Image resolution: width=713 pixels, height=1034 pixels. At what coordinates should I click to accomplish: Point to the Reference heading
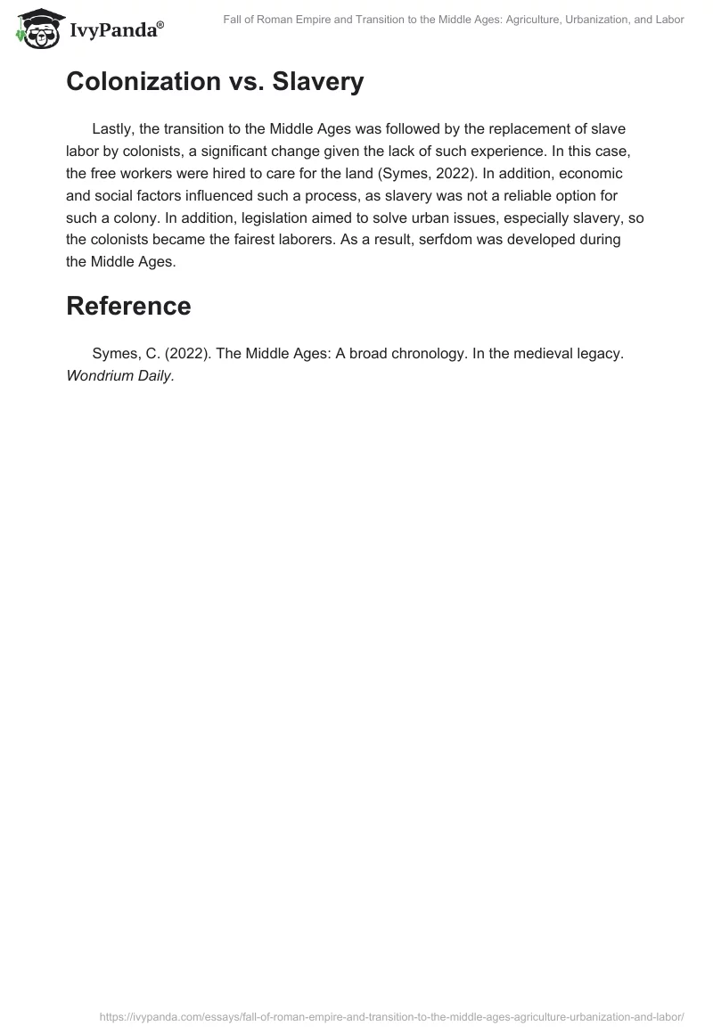click(128, 306)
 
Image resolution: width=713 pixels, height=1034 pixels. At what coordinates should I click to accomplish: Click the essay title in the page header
click(454, 20)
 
